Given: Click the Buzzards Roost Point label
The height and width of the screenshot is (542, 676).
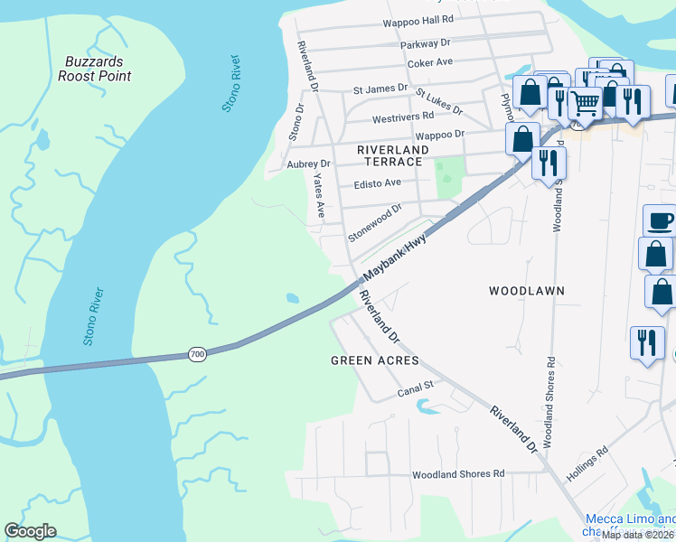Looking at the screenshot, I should [x=94, y=69].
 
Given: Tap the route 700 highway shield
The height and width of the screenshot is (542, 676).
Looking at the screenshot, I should [x=198, y=354].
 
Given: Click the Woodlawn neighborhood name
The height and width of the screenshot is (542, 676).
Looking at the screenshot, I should [x=527, y=291].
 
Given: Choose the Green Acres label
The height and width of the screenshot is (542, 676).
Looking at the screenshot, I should [x=374, y=360].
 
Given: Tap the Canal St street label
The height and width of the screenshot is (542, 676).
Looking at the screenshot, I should [x=417, y=392].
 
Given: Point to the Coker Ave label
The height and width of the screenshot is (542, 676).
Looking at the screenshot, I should [x=430, y=62].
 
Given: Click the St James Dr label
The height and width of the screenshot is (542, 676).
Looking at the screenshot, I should [x=380, y=89].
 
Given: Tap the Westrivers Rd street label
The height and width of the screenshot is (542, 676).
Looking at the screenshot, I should [x=403, y=117].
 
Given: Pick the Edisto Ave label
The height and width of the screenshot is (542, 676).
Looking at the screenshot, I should [x=377, y=182].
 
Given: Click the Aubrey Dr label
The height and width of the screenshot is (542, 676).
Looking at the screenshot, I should [x=308, y=164].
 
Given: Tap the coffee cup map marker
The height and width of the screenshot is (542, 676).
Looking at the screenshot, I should [x=659, y=220].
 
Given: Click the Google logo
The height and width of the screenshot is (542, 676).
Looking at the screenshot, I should [x=30, y=531].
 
